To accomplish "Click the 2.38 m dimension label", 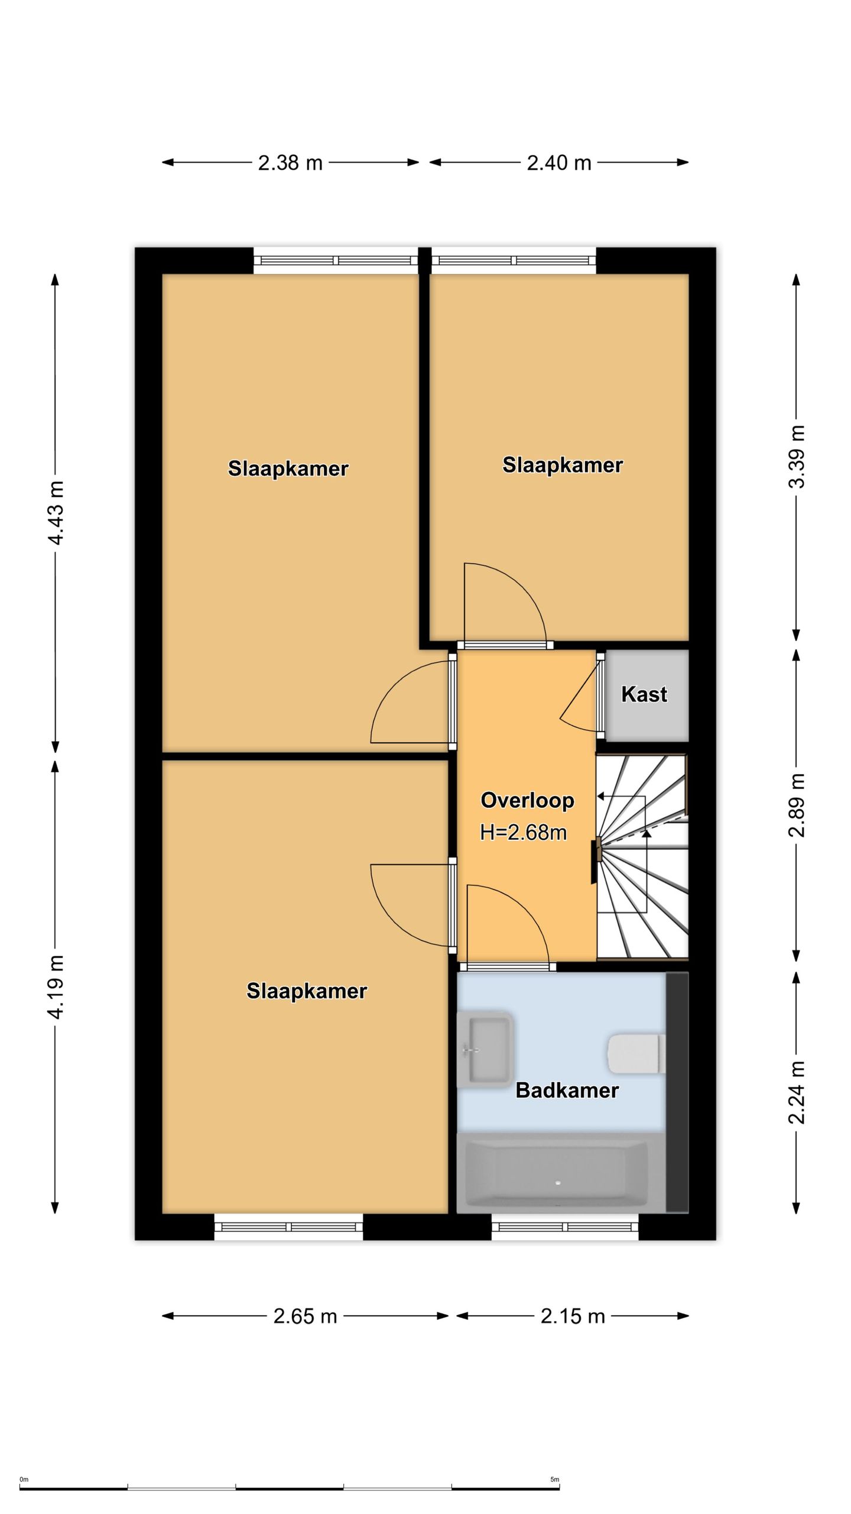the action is click(x=290, y=162).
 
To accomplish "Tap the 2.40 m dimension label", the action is click(x=559, y=162).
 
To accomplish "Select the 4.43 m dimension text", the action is click(x=56, y=513).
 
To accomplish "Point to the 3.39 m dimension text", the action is click(x=797, y=457).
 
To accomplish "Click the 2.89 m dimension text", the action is click(x=797, y=805).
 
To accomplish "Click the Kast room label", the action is click(x=644, y=694).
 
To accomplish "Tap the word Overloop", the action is click(x=527, y=800).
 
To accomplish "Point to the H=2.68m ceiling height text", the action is click(x=524, y=833).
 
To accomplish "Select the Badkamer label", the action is click(x=567, y=1090).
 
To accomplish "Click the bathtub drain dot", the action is click(x=558, y=1183).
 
